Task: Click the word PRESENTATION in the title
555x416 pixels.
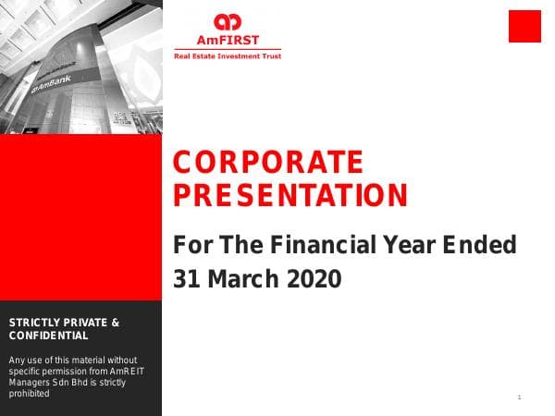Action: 290,195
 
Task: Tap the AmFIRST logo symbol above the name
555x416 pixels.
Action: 227,21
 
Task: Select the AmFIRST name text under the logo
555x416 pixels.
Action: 227,41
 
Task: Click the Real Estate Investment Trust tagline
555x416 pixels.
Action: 228,56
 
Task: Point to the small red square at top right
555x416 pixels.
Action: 524,26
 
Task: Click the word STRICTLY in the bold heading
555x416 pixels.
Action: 35,323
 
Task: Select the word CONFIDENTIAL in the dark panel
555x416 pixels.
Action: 48,336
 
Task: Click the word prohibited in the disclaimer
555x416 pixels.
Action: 29,393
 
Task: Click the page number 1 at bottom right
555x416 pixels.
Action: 520,398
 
